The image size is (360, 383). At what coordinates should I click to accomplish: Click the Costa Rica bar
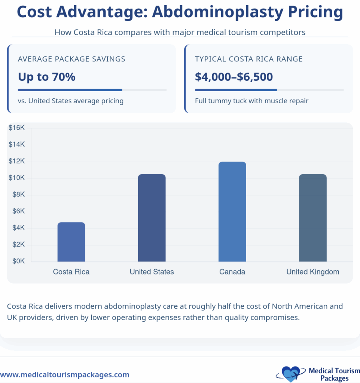[x=71, y=242]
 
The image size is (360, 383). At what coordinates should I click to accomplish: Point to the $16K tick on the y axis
[x=16, y=128]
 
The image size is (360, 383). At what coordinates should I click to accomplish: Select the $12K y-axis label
[x=16, y=162]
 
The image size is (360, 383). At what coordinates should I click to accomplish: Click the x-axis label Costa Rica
[x=71, y=272]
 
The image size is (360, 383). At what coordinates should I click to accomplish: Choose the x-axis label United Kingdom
[x=313, y=272]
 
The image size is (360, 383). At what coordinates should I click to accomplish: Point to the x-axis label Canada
[x=232, y=272]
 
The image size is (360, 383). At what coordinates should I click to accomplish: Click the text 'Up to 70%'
[x=47, y=77]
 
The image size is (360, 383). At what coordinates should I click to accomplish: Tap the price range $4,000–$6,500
[x=234, y=77]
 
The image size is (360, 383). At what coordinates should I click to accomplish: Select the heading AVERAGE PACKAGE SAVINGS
[x=71, y=59]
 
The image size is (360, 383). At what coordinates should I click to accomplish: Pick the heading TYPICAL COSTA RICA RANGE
[x=249, y=59]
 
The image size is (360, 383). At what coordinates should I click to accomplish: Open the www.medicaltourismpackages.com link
[x=65, y=374]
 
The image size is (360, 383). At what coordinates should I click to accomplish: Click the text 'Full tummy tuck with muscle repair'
[x=251, y=101]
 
